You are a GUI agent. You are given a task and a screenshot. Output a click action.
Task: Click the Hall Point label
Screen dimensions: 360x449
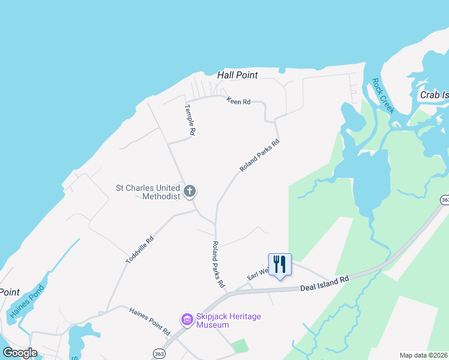tap(238, 75)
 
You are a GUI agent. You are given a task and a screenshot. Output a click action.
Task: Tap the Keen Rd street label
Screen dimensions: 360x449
tap(238, 101)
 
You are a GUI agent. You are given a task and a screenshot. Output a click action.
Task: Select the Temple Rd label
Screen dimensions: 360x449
tap(190, 120)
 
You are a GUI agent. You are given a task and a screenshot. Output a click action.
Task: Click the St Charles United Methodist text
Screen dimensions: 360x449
tap(148, 192)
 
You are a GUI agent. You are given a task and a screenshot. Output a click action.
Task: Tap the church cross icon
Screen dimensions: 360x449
tap(190, 192)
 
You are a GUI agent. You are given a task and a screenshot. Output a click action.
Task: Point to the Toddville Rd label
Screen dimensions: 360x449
tap(140, 250)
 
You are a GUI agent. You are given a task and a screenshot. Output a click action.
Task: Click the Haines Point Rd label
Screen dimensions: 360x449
tap(150, 321)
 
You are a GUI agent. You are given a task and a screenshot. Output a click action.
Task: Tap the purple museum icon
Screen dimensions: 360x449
tap(187, 320)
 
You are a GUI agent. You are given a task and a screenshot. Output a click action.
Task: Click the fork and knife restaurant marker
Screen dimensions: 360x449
tap(280, 264)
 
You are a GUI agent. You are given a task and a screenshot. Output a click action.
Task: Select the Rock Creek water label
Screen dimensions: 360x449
tap(382, 96)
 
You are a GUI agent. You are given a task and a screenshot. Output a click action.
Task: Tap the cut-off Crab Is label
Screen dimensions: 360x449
tap(434, 95)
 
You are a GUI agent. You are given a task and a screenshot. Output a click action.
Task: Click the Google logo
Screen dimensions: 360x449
tap(20, 353)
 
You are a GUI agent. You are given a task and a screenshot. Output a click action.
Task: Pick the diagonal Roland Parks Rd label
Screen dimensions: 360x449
tap(259, 156)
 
